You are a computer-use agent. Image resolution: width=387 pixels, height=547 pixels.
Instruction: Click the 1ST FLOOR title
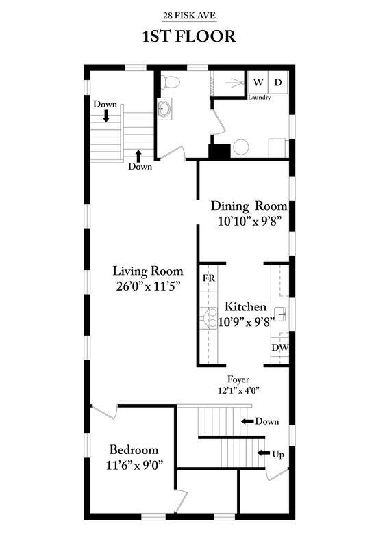coord(188,36)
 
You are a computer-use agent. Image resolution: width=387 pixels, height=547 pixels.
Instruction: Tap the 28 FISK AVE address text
coord(188,14)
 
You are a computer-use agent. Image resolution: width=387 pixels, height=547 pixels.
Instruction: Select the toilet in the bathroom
coord(171,82)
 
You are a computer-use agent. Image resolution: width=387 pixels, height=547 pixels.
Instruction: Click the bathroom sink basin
coord(164,109)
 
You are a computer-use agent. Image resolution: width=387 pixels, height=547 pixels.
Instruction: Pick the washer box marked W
coord(258,83)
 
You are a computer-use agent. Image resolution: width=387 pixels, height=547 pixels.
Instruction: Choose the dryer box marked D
coord(279,83)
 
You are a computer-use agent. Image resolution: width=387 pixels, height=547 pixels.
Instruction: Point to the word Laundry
coord(260,98)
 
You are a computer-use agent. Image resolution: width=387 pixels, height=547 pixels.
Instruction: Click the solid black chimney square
coord(219,151)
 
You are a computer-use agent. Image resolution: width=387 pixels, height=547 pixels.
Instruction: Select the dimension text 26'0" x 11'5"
coord(147,286)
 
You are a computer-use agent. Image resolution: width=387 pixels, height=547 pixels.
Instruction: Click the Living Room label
coord(147,271)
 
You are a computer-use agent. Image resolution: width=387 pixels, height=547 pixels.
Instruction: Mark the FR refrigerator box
coord(208,279)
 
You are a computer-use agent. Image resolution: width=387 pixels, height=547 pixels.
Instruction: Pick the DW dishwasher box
coord(279,348)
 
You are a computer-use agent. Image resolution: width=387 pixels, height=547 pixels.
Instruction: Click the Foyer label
coord(238,379)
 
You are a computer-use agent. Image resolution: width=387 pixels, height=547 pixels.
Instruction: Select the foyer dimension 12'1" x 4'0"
coord(238,390)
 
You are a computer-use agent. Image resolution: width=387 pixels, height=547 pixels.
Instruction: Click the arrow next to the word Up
coord(262,453)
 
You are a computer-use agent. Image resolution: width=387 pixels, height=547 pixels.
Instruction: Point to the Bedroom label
coord(134,450)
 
